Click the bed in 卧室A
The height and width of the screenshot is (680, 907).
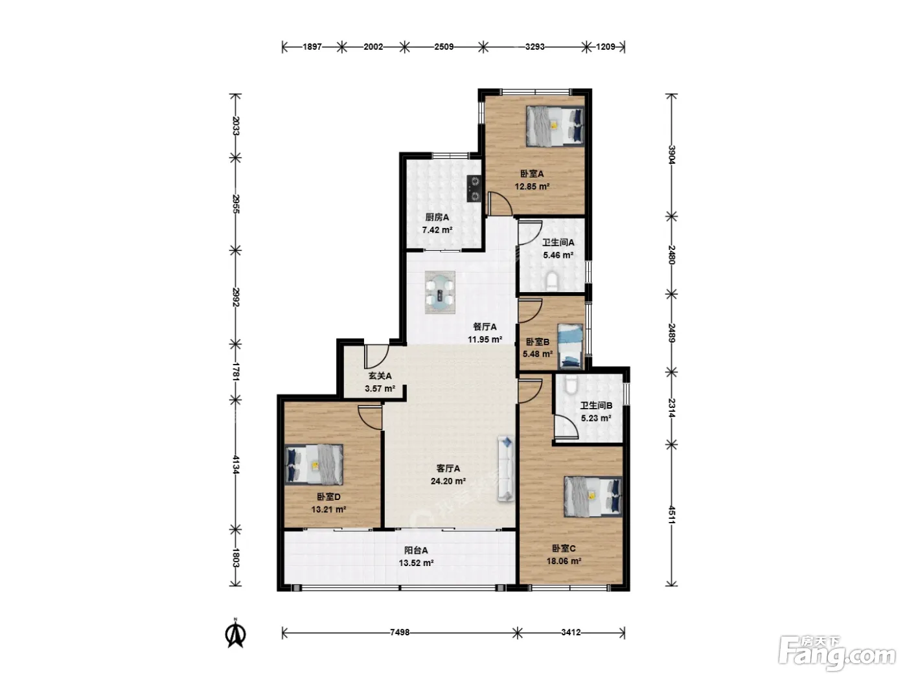click(555, 126)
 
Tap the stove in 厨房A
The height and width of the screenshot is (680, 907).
click(474, 188)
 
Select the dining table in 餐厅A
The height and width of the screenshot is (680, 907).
click(440, 292)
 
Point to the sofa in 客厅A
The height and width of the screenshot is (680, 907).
click(506, 469)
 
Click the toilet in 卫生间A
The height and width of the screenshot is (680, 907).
click(552, 281)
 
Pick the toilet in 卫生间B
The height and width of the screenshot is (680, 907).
click(571, 383)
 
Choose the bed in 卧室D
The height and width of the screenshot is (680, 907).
click(314, 464)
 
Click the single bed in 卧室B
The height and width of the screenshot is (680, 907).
click(571, 346)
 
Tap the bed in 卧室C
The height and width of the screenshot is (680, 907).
click(593, 497)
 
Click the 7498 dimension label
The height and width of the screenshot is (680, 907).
click(400, 632)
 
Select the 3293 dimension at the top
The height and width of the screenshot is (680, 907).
click(534, 47)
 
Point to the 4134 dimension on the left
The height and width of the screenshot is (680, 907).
click(236, 464)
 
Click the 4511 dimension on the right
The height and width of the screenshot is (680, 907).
click(671, 516)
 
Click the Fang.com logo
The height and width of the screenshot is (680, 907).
click(837, 653)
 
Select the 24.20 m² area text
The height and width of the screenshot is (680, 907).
click(448, 481)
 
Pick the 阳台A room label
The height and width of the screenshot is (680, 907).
click(416, 550)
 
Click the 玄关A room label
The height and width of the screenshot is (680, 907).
click(380, 376)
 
